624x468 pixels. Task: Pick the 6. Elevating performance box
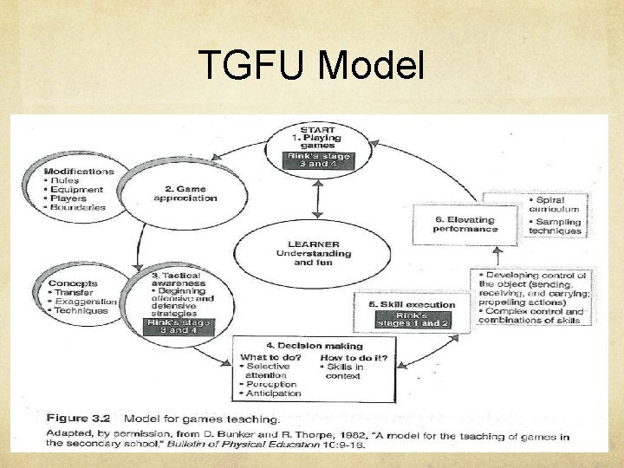[x=466, y=224]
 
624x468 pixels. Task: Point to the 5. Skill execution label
[x=398, y=306]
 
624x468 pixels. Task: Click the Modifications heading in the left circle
[x=78, y=172]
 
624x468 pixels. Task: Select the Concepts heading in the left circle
[x=73, y=283]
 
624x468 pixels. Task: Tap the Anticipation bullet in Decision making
[x=272, y=393]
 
